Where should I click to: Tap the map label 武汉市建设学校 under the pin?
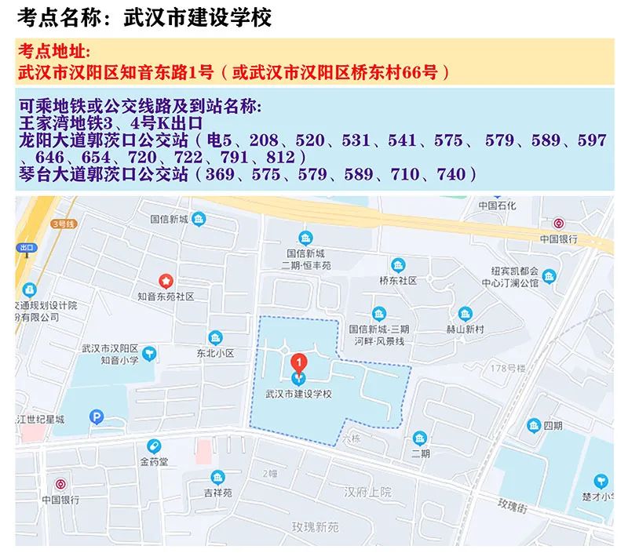tap(299, 394)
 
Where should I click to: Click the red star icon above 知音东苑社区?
tap(166, 280)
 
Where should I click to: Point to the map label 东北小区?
tap(215, 354)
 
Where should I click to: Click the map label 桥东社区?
tap(397, 280)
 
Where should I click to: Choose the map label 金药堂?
tap(154, 461)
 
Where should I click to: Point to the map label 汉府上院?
tap(367, 492)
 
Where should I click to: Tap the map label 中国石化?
tap(498, 206)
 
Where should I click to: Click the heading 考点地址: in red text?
tap(55, 53)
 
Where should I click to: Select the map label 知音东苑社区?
tap(166, 297)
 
